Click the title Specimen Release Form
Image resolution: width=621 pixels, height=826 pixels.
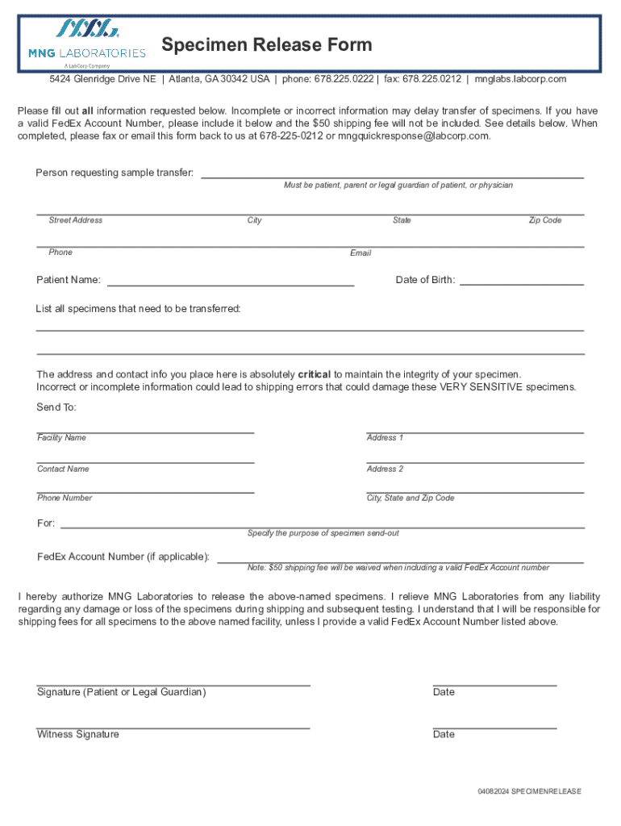point(267,45)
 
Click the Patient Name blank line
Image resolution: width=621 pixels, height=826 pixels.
point(231,284)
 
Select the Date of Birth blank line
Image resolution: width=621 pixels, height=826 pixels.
point(522,283)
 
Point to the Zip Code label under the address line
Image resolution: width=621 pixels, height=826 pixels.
point(544,220)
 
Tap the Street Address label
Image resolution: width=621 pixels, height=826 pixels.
point(75,220)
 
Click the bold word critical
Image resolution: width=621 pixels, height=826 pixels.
point(315,374)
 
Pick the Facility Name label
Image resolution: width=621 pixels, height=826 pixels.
point(61,437)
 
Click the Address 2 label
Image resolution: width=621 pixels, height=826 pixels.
point(385,469)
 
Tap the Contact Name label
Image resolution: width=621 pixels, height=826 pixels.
point(63,469)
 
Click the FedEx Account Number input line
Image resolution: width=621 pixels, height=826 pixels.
point(400,560)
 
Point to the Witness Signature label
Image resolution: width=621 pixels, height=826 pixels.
point(77,734)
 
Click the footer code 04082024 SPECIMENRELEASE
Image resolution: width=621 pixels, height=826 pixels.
point(528,791)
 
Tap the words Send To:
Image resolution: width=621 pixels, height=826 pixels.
point(56,407)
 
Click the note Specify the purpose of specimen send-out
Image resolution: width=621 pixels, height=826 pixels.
point(323,533)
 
